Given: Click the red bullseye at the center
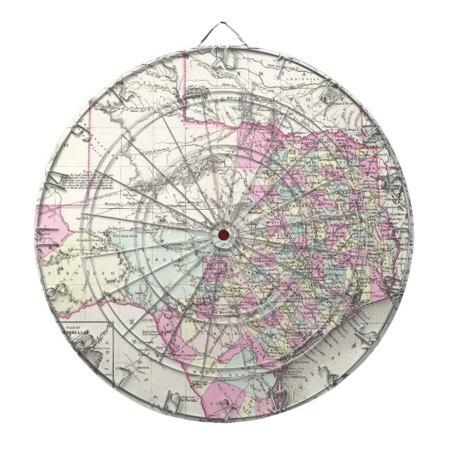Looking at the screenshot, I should tap(223, 234).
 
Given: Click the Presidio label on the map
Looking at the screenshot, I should tap(106, 271).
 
